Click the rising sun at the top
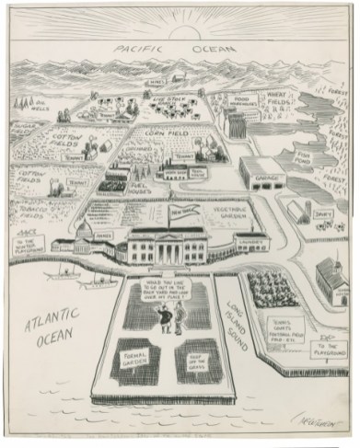tap(180, 20)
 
